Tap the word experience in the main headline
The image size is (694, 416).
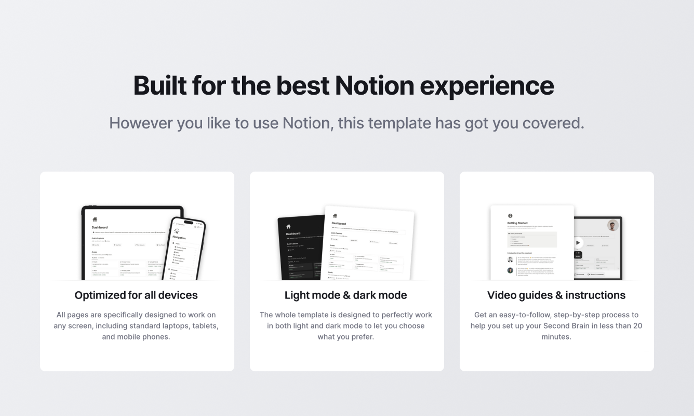click(x=487, y=85)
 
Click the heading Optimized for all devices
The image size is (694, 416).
click(x=136, y=295)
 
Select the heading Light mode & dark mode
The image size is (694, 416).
click(x=346, y=295)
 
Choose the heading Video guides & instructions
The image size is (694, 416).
click(x=556, y=295)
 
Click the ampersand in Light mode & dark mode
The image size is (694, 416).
click(x=345, y=295)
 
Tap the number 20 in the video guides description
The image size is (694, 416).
click(x=637, y=326)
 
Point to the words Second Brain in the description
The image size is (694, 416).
click(x=569, y=326)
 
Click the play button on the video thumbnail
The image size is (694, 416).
click(x=578, y=242)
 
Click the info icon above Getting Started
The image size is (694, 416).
click(x=510, y=216)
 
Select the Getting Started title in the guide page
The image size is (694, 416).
click(x=517, y=224)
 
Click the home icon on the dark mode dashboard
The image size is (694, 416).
click(x=288, y=227)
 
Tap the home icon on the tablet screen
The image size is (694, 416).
click(x=95, y=219)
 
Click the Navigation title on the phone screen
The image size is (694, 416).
click(x=179, y=238)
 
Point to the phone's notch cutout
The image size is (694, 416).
click(x=189, y=223)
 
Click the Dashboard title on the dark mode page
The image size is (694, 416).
click(x=293, y=234)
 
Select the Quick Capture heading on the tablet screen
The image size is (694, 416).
click(x=98, y=239)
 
